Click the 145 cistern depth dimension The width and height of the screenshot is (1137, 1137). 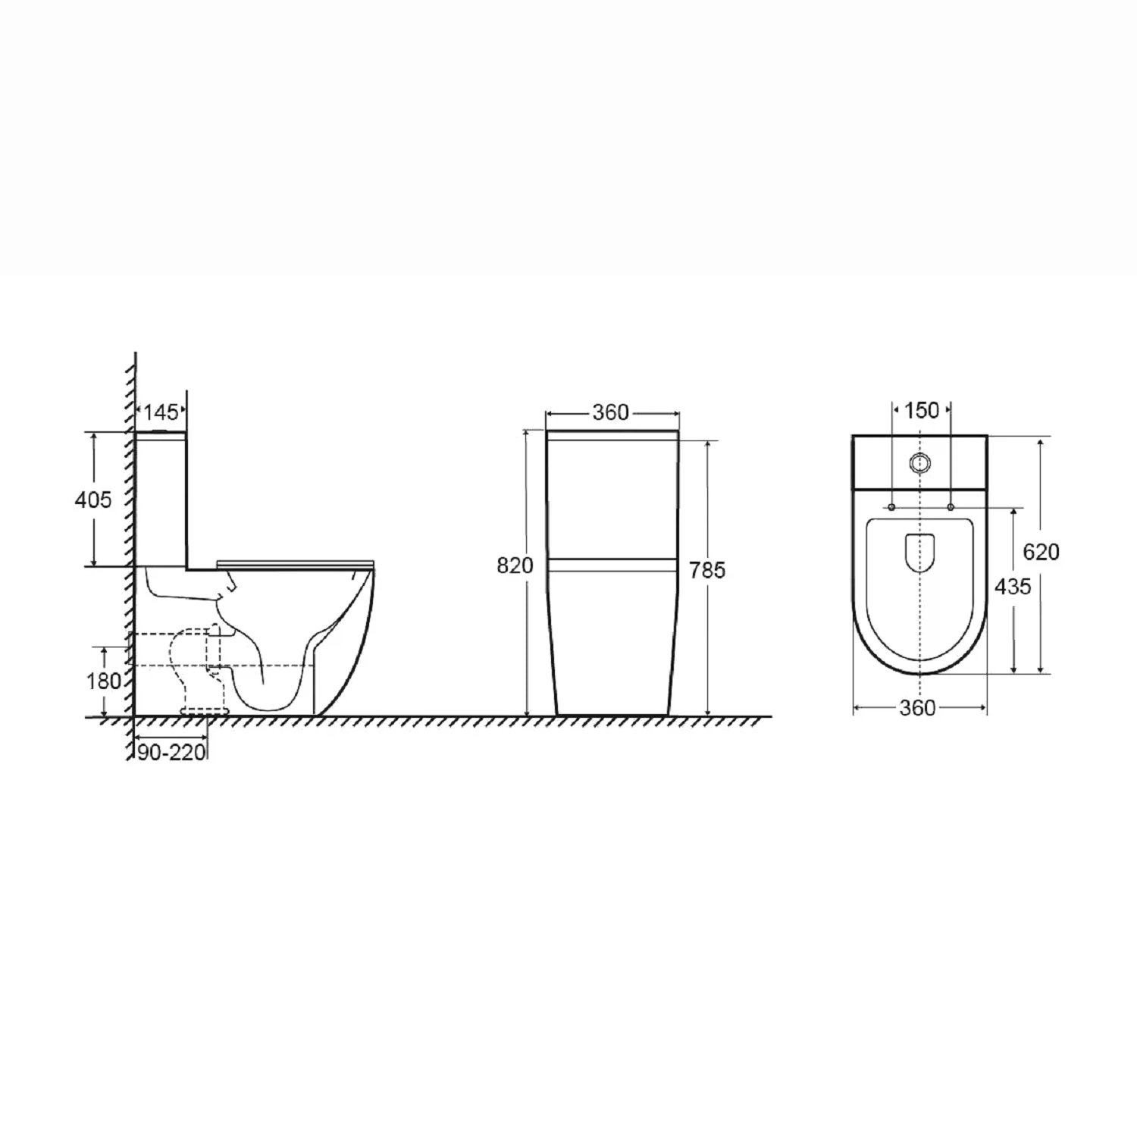(161, 412)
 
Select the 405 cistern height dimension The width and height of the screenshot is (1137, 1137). (92, 500)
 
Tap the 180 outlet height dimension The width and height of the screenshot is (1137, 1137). (104, 681)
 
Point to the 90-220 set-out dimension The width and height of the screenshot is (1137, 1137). (172, 752)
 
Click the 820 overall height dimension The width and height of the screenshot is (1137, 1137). (515, 565)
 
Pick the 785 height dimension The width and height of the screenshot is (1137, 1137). (707, 569)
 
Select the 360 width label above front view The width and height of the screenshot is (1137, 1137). (611, 412)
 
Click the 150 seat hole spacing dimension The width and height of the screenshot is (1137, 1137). (922, 410)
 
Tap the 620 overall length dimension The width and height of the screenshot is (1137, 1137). (1041, 552)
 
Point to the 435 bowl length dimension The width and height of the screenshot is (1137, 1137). (1013, 586)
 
